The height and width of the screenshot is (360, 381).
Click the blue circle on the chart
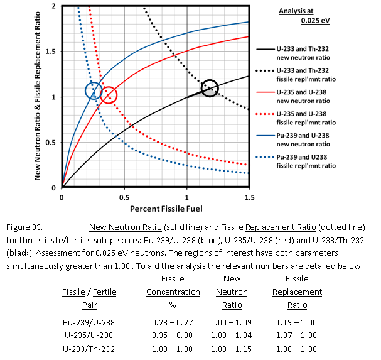(x=94, y=90)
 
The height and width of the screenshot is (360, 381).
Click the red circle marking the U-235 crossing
(x=109, y=95)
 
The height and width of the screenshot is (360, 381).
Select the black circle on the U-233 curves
(x=210, y=88)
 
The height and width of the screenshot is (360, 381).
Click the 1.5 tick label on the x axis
(x=249, y=197)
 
